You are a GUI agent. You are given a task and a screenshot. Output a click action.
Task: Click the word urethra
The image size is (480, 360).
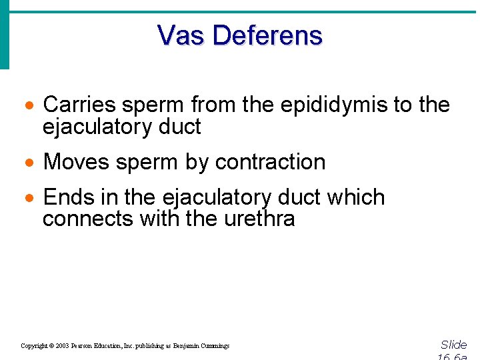[x=258, y=218]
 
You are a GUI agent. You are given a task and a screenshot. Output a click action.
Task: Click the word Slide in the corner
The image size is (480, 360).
[x=453, y=345]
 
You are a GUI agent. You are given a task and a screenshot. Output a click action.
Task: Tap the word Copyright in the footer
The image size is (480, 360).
[x=33, y=346]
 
